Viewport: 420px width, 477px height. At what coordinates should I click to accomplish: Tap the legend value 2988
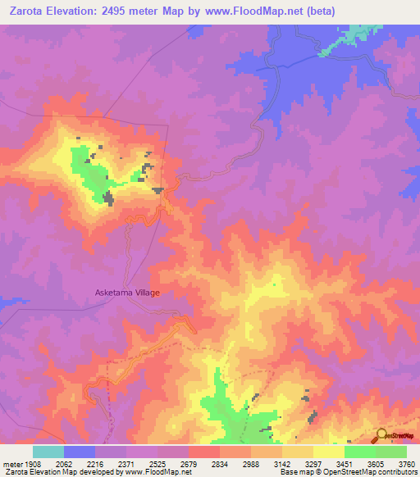[x=263, y=462]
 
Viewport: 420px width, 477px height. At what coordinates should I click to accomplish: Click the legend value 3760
[x=407, y=462]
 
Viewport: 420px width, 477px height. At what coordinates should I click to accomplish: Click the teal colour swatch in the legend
[x=48, y=452]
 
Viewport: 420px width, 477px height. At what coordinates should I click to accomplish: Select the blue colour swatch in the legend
[x=80, y=452]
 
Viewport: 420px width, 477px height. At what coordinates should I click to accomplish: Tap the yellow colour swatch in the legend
[x=328, y=452]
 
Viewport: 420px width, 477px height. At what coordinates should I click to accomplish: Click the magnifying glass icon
[x=380, y=436]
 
